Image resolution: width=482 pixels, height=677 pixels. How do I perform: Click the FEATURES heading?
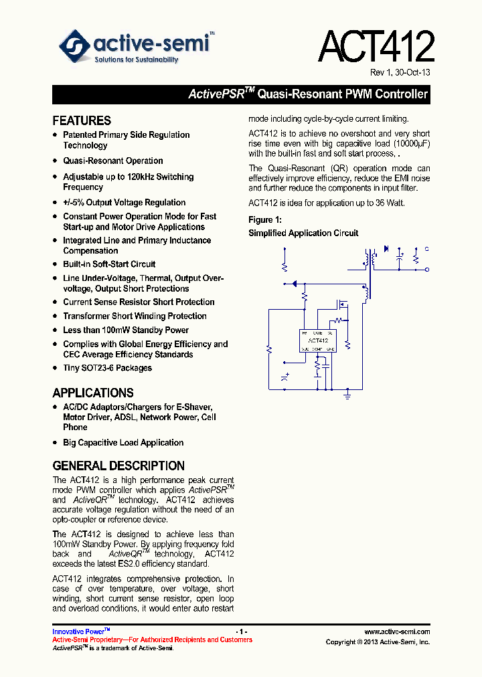tap(82, 120)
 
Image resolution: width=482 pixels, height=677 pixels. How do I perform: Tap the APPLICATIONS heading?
tap(93, 393)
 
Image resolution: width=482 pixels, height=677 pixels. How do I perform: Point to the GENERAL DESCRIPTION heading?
tap(118, 466)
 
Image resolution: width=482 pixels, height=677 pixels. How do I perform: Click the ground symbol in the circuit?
tap(347, 396)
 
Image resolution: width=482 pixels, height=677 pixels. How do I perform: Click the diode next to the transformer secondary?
tap(386, 249)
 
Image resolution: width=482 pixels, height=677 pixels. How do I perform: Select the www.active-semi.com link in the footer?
tap(396, 632)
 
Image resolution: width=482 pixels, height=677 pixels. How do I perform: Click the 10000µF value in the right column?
tap(412, 144)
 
